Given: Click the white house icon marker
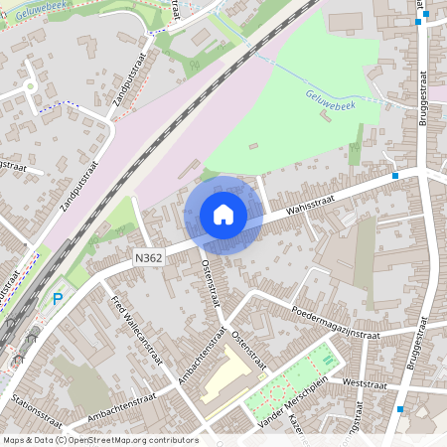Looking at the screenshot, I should (223, 215).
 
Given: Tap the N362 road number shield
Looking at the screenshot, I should (146, 256).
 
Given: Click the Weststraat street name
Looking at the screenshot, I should (362, 383).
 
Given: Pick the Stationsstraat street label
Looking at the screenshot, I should (36, 408).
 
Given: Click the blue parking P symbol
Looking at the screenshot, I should (58, 298).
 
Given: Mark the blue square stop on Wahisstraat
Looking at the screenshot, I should (395, 175).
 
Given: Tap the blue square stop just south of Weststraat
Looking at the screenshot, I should (399, 408).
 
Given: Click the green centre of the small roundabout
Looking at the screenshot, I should (31, 86).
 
